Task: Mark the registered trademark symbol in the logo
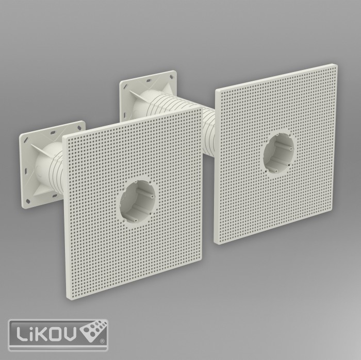point(102,341)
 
